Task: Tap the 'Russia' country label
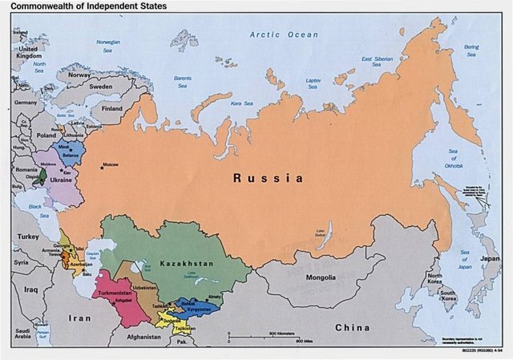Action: point(269,178)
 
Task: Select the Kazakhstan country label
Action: point(186,263)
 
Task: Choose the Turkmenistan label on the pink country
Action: point(115,294)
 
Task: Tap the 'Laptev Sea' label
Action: point(313,80)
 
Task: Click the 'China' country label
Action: point(352,327)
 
